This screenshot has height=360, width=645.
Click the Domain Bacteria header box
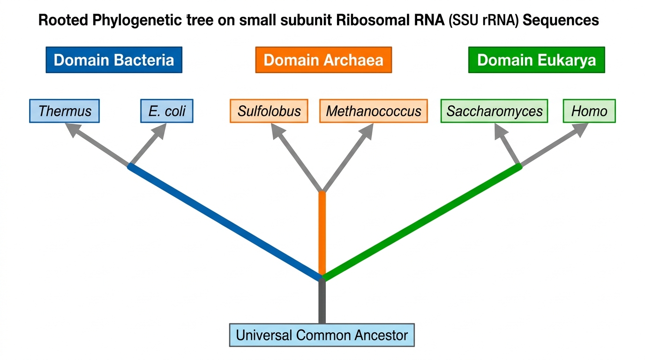114,60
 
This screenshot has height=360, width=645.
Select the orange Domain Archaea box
323,60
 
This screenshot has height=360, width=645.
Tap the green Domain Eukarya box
537,60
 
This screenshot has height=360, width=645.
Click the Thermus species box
65,111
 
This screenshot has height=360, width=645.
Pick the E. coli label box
167,111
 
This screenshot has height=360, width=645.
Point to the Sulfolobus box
269,111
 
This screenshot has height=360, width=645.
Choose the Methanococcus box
374,111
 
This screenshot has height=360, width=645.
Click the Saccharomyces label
495,111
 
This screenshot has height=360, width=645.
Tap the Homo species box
589,111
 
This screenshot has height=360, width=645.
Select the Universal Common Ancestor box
322,335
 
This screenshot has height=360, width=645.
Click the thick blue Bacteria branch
225,222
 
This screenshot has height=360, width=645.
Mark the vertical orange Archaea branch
322,233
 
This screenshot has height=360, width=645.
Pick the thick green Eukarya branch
422,222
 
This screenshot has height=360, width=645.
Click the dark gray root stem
322,301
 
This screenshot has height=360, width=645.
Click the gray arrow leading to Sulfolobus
297,157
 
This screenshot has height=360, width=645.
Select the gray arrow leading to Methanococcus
348,157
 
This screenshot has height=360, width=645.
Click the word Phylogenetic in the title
137,21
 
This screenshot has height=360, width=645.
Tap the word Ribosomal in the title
390,20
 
